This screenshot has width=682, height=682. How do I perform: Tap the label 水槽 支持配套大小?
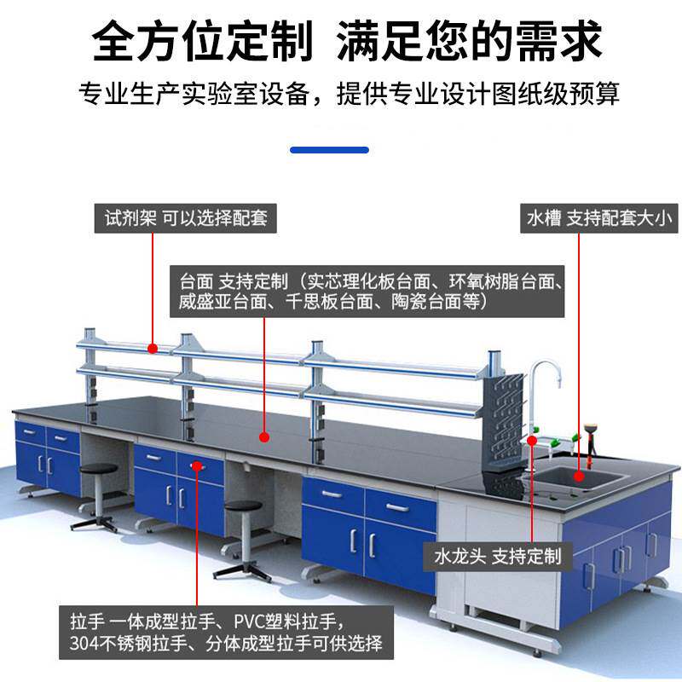tap(599, 218)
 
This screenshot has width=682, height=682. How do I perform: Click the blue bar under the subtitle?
tap(329, 150)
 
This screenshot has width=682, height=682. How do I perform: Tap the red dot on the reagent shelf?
tap(153, 348)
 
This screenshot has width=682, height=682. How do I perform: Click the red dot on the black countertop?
tap(264, 437)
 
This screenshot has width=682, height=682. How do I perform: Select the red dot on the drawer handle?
tap(196, 465)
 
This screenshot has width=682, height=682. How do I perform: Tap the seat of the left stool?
tap(99, 470)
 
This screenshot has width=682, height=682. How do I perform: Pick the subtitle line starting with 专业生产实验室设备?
tap(349, 92)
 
